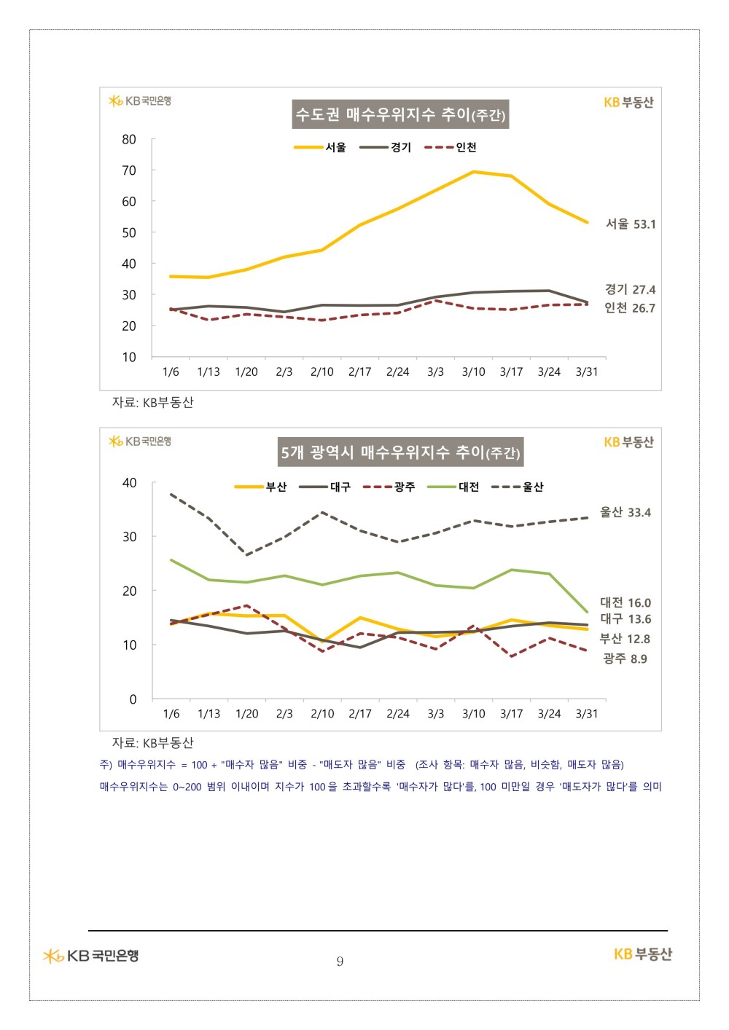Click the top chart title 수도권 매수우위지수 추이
coord(400,114)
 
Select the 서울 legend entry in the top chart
coord(321,147)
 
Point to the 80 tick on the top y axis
coord(129,139)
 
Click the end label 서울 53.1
coord(631,224)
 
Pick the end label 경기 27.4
coord(630,289)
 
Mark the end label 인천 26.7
coord(630,308)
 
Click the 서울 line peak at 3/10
coord(473,172)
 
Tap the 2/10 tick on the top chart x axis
coord(321,371)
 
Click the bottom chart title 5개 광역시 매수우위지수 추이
coord(400,452)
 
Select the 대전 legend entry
coord(453,487)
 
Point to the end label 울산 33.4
coord(625,512)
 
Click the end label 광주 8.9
coord(625,659)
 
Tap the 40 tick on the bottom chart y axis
coord(130,483)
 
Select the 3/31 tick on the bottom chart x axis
coord(587,714)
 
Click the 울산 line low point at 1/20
coord(247,555)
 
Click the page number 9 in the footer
coord(340,962)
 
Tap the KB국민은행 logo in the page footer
coord(91,955)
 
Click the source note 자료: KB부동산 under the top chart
coord(152,402)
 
